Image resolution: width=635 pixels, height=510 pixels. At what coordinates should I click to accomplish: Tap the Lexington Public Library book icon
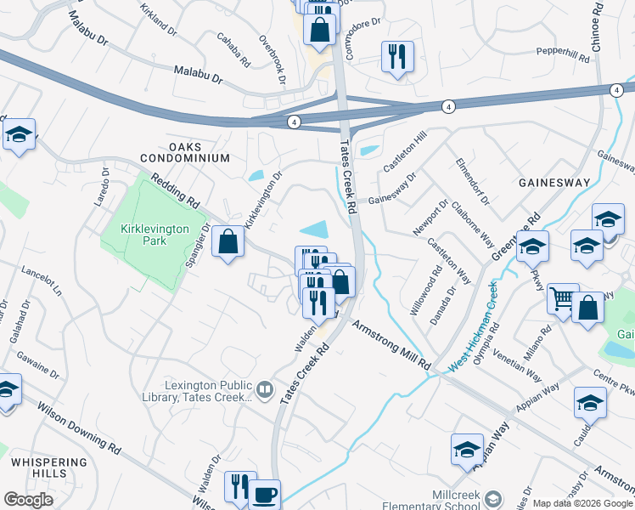265,389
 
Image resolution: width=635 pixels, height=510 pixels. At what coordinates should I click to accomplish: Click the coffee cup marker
264,494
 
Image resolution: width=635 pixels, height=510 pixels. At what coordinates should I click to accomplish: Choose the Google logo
28,500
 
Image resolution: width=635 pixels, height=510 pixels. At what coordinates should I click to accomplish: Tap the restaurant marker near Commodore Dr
396,57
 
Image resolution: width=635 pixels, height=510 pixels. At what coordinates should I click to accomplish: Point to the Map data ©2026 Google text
582,504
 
